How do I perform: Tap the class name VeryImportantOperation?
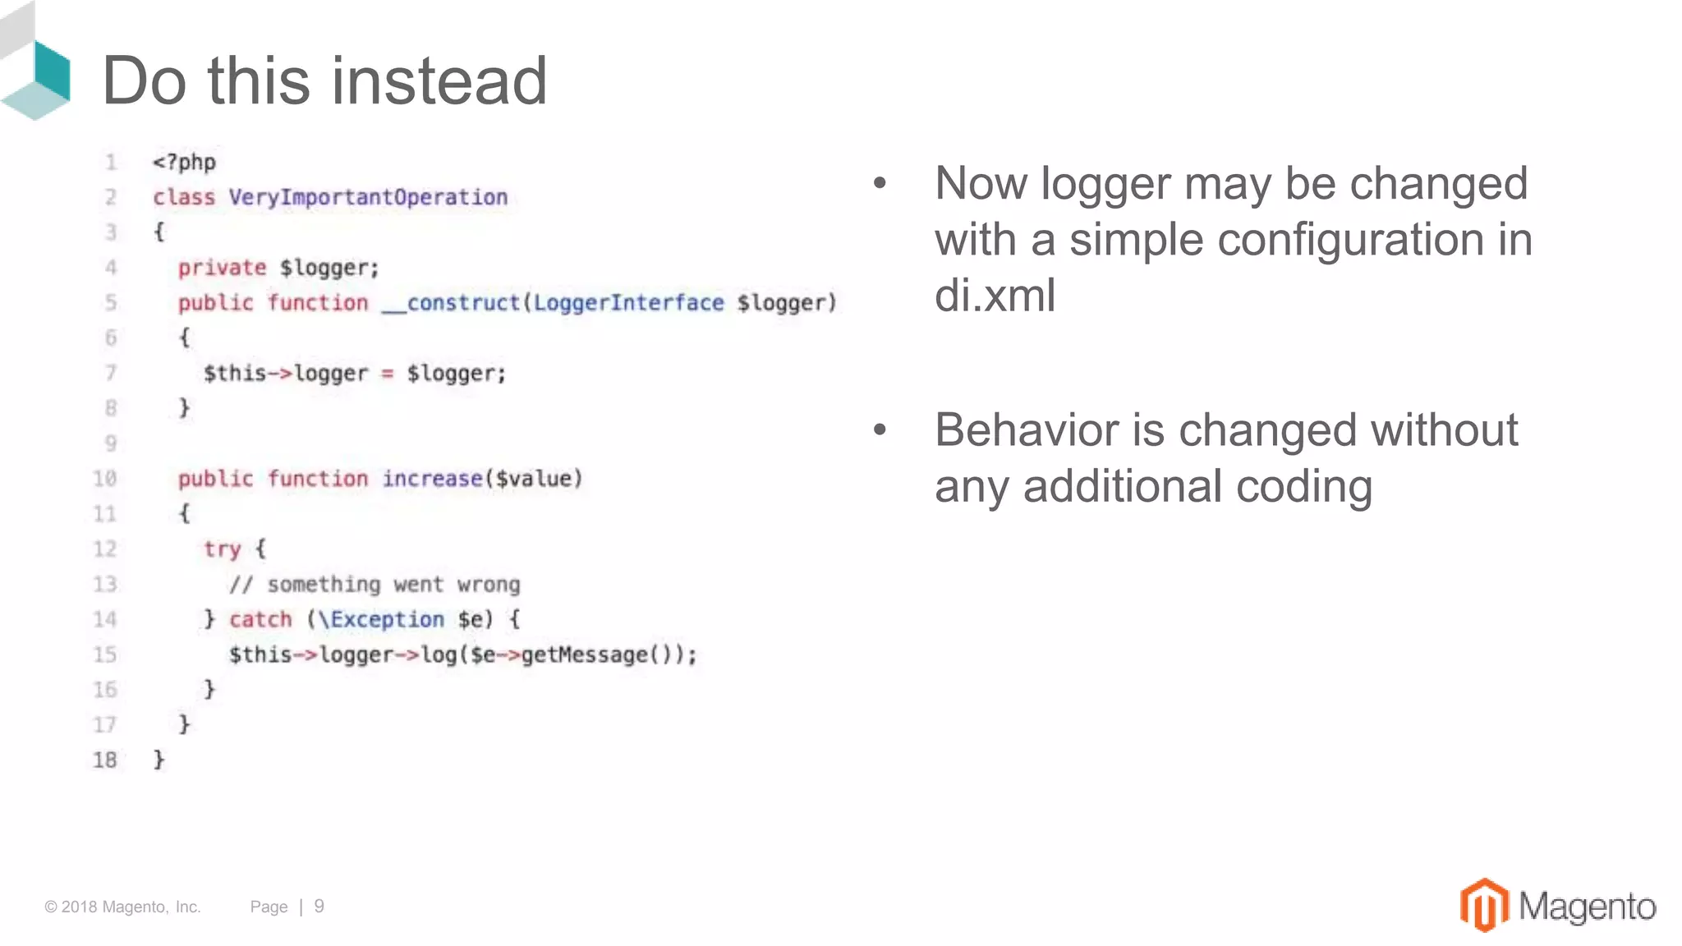[x=368, y=197]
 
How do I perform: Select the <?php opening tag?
[x=184, y=162]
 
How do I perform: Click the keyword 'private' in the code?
[x=222, y=268]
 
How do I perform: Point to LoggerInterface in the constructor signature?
[x=628, y=303]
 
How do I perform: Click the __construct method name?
[x=451, y=303]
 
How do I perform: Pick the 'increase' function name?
[x=432, y=479]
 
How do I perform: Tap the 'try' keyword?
[x=222, y=549]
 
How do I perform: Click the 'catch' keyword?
[x=260, y=619]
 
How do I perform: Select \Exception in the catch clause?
[x=381, y=619]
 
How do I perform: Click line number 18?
[x=105, y=760]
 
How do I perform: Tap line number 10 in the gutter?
[x=105, y=479]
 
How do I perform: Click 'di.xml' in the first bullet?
[x=995, y=295]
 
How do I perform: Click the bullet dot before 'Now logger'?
[x=880, y=183]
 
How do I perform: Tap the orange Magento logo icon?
[x=1483, y=905]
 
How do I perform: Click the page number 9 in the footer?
[x=319, y=906]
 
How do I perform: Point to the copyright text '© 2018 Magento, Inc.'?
[x=122, y=907]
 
